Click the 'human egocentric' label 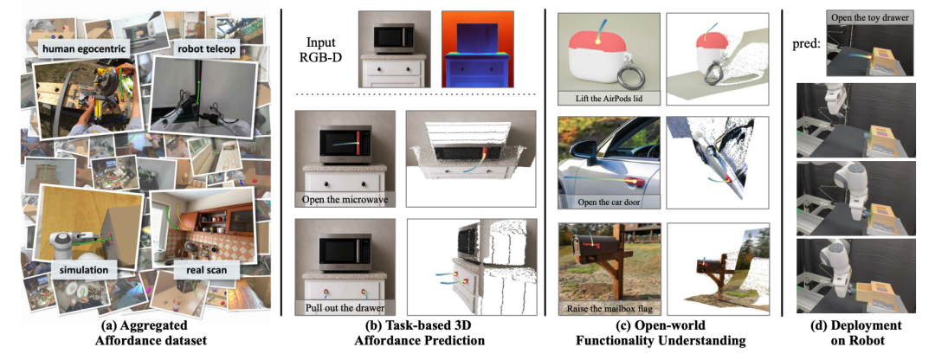pos(85,51)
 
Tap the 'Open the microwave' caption pos(345,200)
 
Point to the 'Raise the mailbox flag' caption pos(603,309)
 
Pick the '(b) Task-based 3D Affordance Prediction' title pos(413,333)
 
